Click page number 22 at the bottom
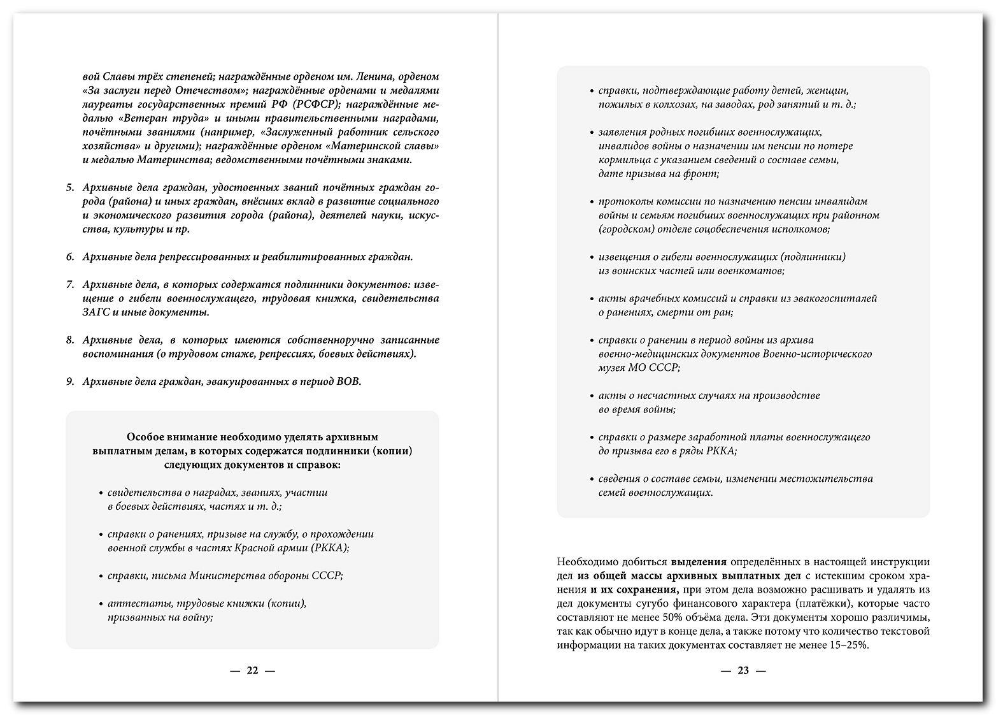pos(252,670)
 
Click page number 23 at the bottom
pos(743,670)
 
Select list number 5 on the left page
pos(70,188)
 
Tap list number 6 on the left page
pos(70,257)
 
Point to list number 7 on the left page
pos(70,285)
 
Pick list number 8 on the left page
pos(70,340)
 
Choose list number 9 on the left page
pos(70,382)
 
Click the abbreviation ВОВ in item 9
pos(348,382)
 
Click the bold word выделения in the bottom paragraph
pos(699,562)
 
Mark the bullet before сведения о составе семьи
pos(592,479)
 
